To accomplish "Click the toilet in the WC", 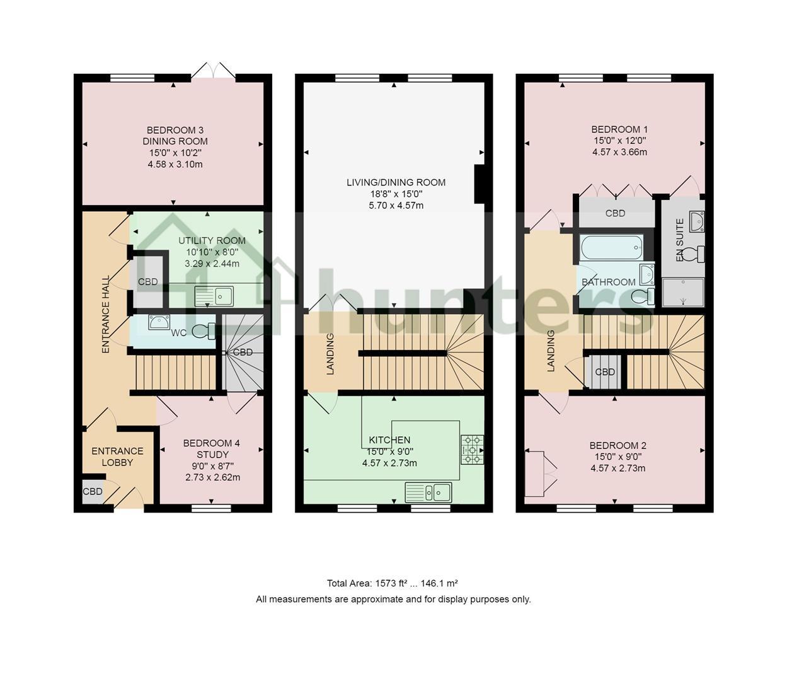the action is pos(204,331).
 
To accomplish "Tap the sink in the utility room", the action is pos(214,296).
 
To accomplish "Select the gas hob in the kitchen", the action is pos(472,450).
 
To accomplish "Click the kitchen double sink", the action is pos(428,492).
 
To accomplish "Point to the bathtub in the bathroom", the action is pos(611,248).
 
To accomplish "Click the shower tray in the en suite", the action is pos(683,293).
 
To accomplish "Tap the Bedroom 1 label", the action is pos(619,129).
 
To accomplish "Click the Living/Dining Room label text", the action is pos(396,182).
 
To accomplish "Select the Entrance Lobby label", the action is pos(117,457).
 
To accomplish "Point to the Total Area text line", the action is pos(392,583).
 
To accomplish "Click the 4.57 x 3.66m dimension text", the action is pos(619,152).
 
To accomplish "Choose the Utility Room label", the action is pos(212,240).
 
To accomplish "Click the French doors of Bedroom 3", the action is pos(213,71).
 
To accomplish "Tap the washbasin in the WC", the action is pos(159,322).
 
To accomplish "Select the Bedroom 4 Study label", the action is pos(212,448).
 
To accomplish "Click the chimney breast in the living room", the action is pos(480,184).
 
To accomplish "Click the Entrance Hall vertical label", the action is pos(106,314).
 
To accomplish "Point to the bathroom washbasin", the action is pos(647,274).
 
